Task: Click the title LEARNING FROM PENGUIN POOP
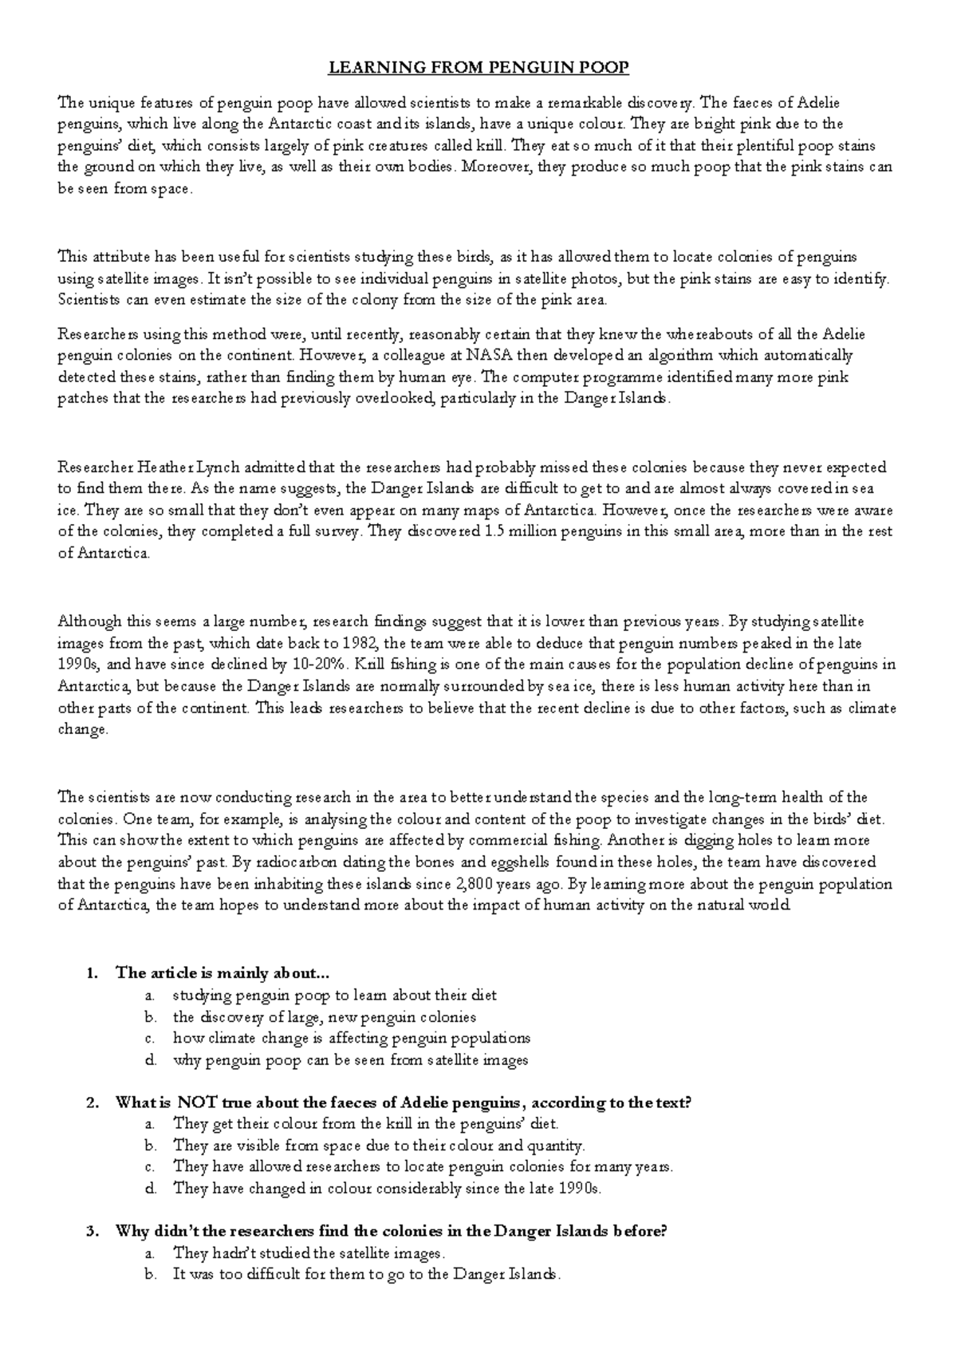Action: [479, 68]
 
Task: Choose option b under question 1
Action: [324, 1017]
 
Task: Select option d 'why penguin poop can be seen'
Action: [350, 1060]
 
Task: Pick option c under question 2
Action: [423, 1167]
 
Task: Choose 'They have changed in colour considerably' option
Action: [387, 1189]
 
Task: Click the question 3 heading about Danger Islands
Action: [390, 1231]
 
